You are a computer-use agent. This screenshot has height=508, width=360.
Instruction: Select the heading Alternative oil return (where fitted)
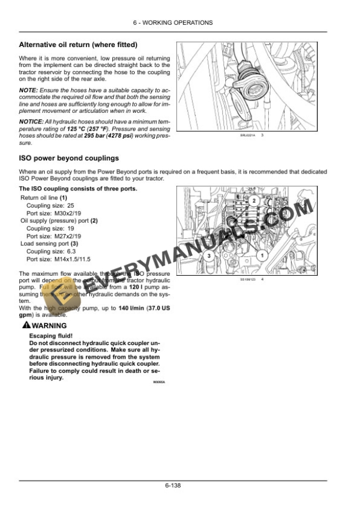click(x=78, y=45)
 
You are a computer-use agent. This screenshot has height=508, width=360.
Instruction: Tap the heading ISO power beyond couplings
click(x=69, y=158)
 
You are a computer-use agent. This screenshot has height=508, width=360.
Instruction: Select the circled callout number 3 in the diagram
click(x=207, y=256)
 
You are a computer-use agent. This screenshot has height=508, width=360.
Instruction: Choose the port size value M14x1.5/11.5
click(x=69, y=259)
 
